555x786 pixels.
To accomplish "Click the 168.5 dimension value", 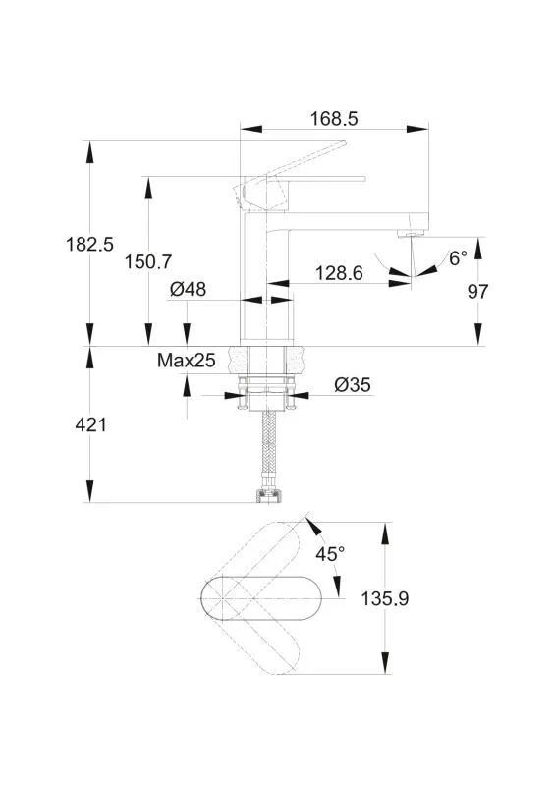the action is coord(334,119).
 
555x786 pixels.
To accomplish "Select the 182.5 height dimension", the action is coord(89,245).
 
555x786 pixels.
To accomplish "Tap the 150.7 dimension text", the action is coord(148,261).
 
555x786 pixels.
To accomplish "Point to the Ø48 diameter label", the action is coord(188,289).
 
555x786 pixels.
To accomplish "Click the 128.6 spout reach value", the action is coord(339,273).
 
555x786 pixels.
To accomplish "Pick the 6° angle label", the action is coord(458,258).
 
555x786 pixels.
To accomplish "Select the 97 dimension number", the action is coord(477,291).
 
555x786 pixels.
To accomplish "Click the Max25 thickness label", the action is coord(186,360).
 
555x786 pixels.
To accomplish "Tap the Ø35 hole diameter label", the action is coord(353,385).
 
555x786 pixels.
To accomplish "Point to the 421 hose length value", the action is coord(90,425).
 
